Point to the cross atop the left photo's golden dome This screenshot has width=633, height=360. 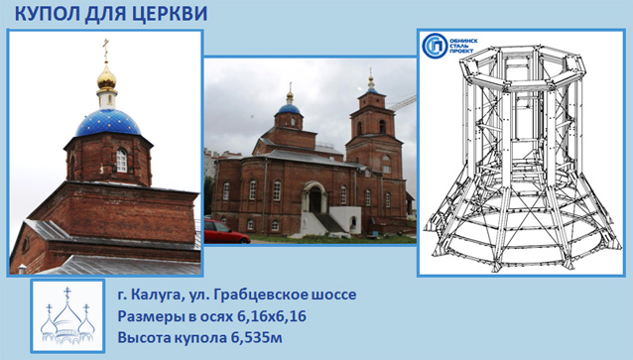click(106, 50)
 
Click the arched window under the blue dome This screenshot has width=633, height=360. click(121, 159)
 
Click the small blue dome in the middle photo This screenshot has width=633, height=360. click(289, 107)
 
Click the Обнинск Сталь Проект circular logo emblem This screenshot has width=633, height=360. click(435, 47)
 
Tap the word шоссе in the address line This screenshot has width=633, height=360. click(333, 296)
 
